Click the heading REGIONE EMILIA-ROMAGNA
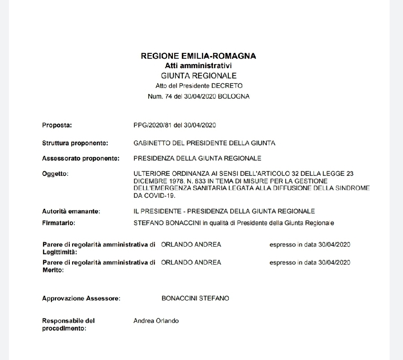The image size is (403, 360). click(198, 56)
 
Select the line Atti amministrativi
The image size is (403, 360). click(198, 66)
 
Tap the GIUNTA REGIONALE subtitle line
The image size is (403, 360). click(198, 76)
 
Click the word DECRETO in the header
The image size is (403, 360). click(228, 86)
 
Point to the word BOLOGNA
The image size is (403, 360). click(233, 96)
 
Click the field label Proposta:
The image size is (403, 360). click(57, 125)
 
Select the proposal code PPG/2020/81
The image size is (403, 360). click(151, 125)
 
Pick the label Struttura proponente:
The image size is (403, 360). click(75, 143)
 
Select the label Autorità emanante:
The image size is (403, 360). click(71, 211)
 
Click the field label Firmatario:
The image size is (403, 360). click(58, 222)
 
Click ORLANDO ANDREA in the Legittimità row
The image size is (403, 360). click(191, 245)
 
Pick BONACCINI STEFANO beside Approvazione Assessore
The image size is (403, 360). click(195, 298)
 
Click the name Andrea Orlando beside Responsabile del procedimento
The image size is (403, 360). click(156, 321)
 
